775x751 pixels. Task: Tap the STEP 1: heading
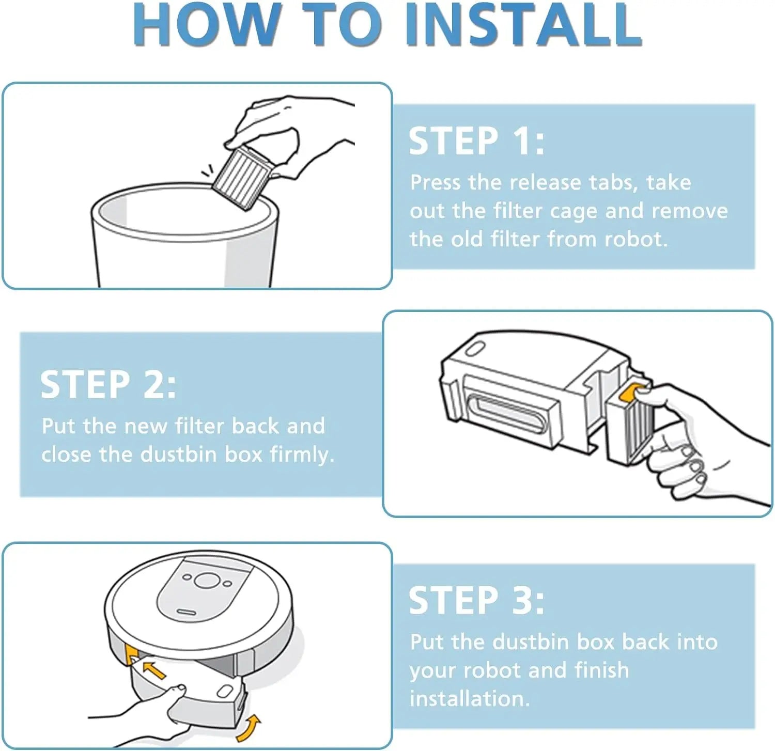pyautogui.click(x=476, y=140)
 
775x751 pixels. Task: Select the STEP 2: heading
pyautogui.click(x=108, y=384)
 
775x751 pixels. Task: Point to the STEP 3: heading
pyautogui.click(x=476, y=600)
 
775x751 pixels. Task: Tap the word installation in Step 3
pyautogui.click(x=470, y=698)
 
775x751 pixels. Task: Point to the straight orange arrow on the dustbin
pyautogui.click(x=154, y=670)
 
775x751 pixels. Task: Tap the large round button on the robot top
pyautogui.click(x=207, y=580)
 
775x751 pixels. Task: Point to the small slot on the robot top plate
pyautogui.click(x=187, y=613)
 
